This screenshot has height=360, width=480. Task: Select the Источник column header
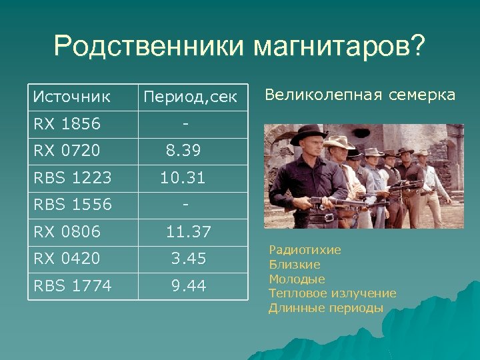point(72,97)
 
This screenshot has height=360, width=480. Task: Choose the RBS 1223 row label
point(72,178)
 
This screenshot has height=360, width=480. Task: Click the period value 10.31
point(182,178)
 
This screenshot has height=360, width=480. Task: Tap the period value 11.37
point(188,231)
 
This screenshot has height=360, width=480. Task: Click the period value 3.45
point(188,258)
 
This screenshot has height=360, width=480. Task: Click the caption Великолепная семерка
point(360,95)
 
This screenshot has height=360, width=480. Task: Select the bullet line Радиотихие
point(305,250)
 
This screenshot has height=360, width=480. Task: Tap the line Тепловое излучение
point(332,293)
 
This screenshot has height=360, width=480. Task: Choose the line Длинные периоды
point(325,308)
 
